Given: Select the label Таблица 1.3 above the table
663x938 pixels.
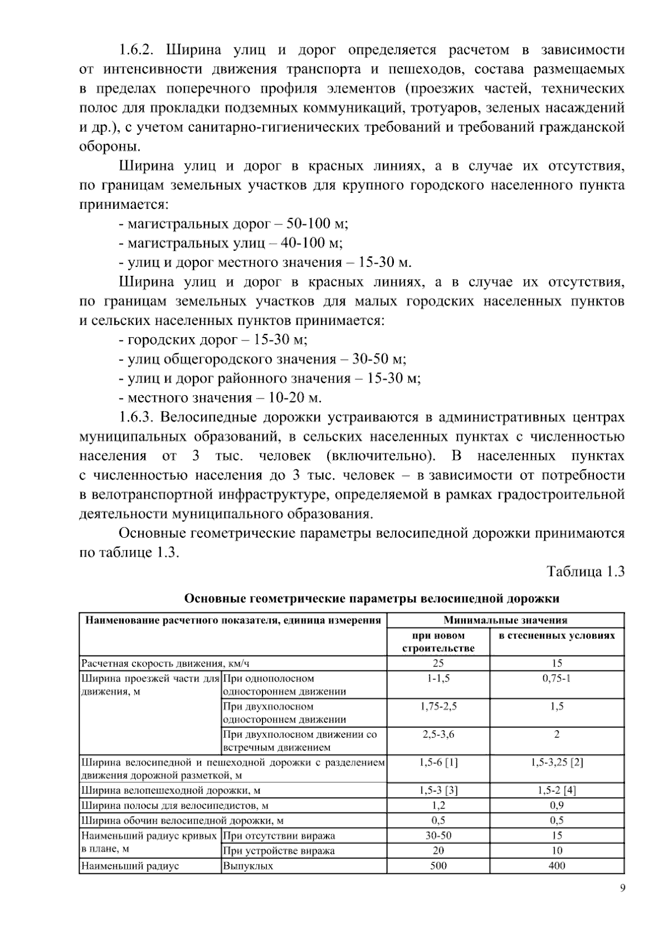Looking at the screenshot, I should [585, 572].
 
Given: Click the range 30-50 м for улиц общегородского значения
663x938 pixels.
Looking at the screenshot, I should [378, 359].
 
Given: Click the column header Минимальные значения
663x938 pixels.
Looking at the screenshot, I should [505, 620].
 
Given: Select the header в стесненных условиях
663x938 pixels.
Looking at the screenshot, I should [556, 636].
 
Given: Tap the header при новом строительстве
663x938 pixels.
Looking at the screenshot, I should [438, 642].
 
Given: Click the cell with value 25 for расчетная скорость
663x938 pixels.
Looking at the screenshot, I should [438, 663].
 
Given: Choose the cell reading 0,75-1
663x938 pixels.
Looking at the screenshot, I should [556, 678].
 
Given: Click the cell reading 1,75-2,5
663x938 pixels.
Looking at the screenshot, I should [438, 706].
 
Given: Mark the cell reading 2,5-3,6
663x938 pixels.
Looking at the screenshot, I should [438, 735].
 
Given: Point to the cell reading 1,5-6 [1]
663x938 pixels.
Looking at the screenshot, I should [438, 763].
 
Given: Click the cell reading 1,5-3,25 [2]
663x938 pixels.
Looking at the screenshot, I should [556, 763].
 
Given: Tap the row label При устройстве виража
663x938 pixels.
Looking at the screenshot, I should [278, 851].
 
